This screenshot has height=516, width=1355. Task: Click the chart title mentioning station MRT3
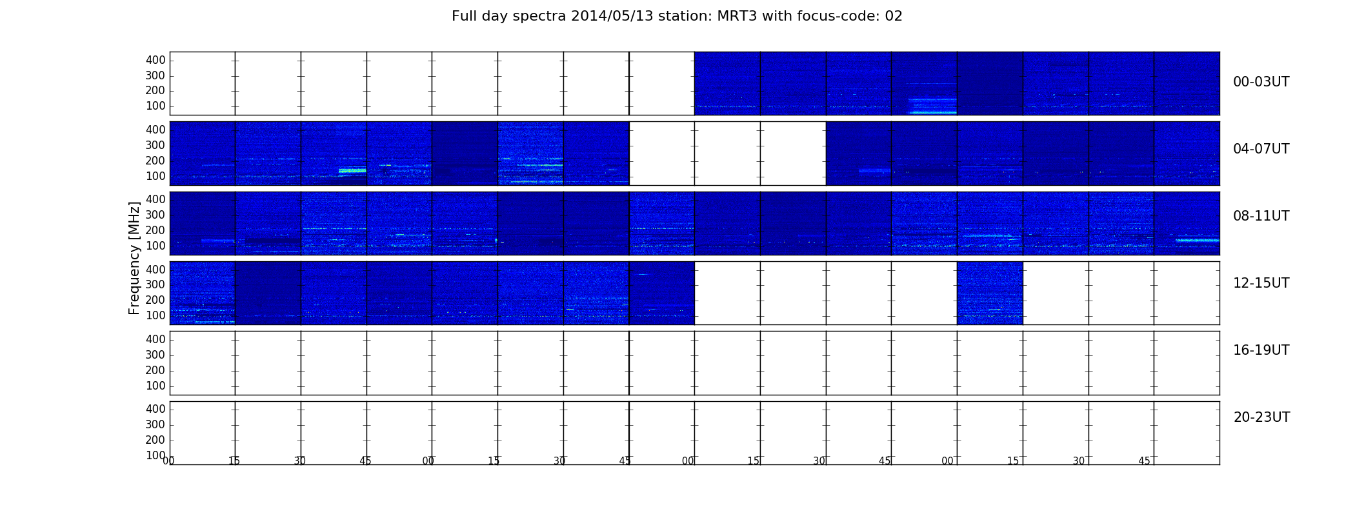(677, 16)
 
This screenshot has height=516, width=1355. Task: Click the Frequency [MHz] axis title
(134, 258)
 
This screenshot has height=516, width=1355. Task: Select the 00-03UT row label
(1261, 82)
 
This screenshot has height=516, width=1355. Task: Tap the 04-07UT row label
(1261, 149)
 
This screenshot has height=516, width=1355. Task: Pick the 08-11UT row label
(1261, 216)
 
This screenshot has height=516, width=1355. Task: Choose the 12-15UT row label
(1261, 283)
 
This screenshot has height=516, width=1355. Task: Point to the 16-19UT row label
(1261, 350)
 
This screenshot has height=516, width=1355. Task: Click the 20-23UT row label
(1261, 417)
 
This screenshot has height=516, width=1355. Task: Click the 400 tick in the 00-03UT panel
(156, 60)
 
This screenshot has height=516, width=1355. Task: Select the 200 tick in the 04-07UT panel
(156, 161)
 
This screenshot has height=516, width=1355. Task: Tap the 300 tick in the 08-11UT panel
(156, 215)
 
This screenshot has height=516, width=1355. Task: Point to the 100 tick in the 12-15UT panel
(156, 315)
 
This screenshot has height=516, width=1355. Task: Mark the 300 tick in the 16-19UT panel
(156, 355)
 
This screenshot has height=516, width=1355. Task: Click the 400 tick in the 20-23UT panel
(156, 409)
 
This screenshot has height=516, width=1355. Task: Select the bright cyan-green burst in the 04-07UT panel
(352, 171)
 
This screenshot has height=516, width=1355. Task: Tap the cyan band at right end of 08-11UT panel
(1197, 240)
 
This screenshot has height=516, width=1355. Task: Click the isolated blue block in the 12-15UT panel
(990, 293)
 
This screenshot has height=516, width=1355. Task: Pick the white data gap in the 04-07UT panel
(727, 154)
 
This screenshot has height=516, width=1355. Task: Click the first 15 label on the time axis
(234, 461)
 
